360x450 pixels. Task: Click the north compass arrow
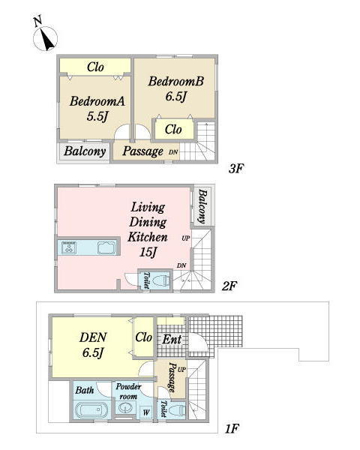click(46, 39)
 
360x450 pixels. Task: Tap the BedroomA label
click(97, 101)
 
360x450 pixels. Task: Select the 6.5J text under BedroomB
click(175, 96)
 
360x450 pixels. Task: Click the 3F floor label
click(236, 169)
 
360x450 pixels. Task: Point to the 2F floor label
click(229, 286)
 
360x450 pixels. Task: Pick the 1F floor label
click(232, 429)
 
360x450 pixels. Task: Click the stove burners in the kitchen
click(69, 247)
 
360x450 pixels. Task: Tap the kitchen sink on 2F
click(106, 247)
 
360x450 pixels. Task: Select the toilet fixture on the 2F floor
click(160, 280)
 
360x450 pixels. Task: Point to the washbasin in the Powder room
click(125, 408)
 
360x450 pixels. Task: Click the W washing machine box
click(146, 412)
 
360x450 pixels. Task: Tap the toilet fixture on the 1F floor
click(176, 410)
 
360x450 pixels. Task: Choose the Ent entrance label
click(172, 340)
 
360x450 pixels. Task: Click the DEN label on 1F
click(93, 337)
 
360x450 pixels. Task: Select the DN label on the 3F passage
click(173, 152)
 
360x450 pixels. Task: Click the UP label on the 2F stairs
click(186, 238)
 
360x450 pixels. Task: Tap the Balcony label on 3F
click(85, 151)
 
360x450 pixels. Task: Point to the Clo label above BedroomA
click(95, 67)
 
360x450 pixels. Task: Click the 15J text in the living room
click(148, 253)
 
